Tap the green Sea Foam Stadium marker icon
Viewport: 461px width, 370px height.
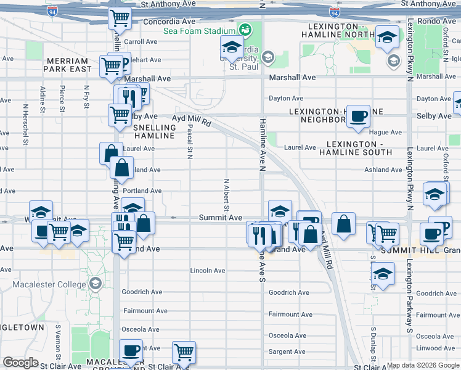(x=245, y=30)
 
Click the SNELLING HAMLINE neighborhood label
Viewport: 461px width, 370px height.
(x=155, y=131)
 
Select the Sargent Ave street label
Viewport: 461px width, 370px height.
(x=287, y=352)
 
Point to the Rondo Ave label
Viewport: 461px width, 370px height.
(x=441, y=21)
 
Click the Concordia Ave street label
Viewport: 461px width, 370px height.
(x=165, y=21)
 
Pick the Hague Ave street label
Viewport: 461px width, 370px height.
(x=385, y=132)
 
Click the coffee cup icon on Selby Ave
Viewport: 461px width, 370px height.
(x=358, y=116)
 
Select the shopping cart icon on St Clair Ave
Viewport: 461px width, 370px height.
(x=184, y=352)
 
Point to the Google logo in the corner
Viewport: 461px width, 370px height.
(x=20, y=363)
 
